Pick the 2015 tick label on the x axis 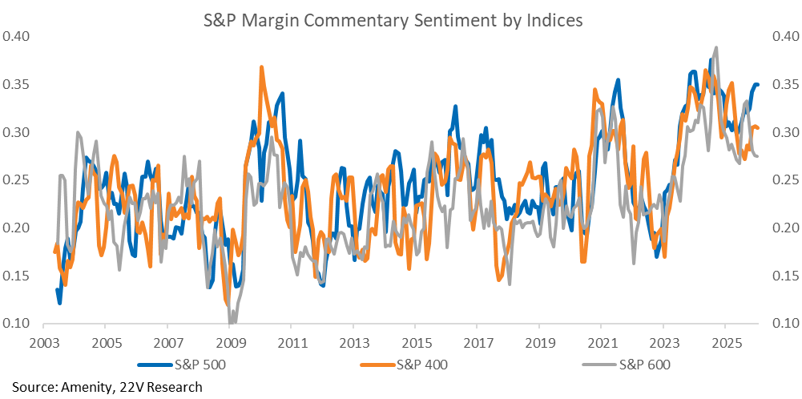pos(414,343)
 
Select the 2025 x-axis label pos(724,343)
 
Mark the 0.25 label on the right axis pos(783,180)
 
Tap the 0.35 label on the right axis pos(783,84)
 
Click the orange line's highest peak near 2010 pos(262,67)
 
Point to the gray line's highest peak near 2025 pos(715,47)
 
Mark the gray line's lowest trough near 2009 pos(232,322)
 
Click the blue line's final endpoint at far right pos(757,85)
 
